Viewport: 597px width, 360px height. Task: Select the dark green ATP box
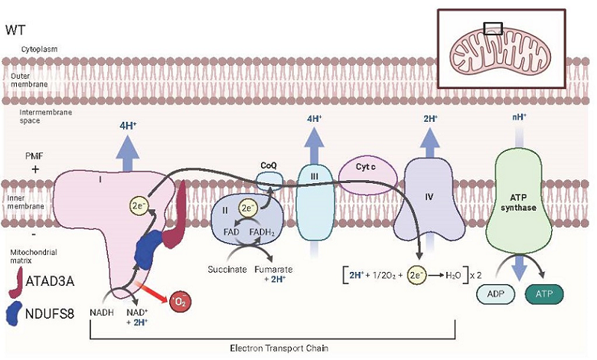coord(545,293)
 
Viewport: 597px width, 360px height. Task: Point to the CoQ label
coord(269,165)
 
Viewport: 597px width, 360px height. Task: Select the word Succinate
coord(227,270)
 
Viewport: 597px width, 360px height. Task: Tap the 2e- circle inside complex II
coord(248,207)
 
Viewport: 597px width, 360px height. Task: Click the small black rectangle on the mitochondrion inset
coord(493,28)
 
